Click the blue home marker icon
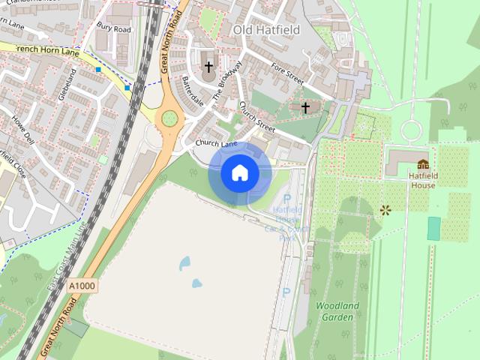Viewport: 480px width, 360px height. click(x=239, y=173)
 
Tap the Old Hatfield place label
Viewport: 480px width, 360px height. click(x=266, y=30)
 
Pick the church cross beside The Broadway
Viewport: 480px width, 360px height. click(x=208, y=67)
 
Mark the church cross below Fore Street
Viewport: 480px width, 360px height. click(x=305, y=108)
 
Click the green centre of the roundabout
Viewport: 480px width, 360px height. click(x=170, y=118)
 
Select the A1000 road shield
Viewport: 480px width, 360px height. click(x=82, y=286)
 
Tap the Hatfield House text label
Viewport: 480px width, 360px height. click(x=423, y=180)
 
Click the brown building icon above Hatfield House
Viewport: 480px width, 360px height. click(x=423, y=164)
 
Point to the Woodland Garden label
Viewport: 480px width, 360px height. click(x=337, y=311)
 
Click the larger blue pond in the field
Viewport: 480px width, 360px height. click(x=184, y=263)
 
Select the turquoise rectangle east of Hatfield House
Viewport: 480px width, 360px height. click(x=433, y=229)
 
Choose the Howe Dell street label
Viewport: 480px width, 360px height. click(x=22, y=129)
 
